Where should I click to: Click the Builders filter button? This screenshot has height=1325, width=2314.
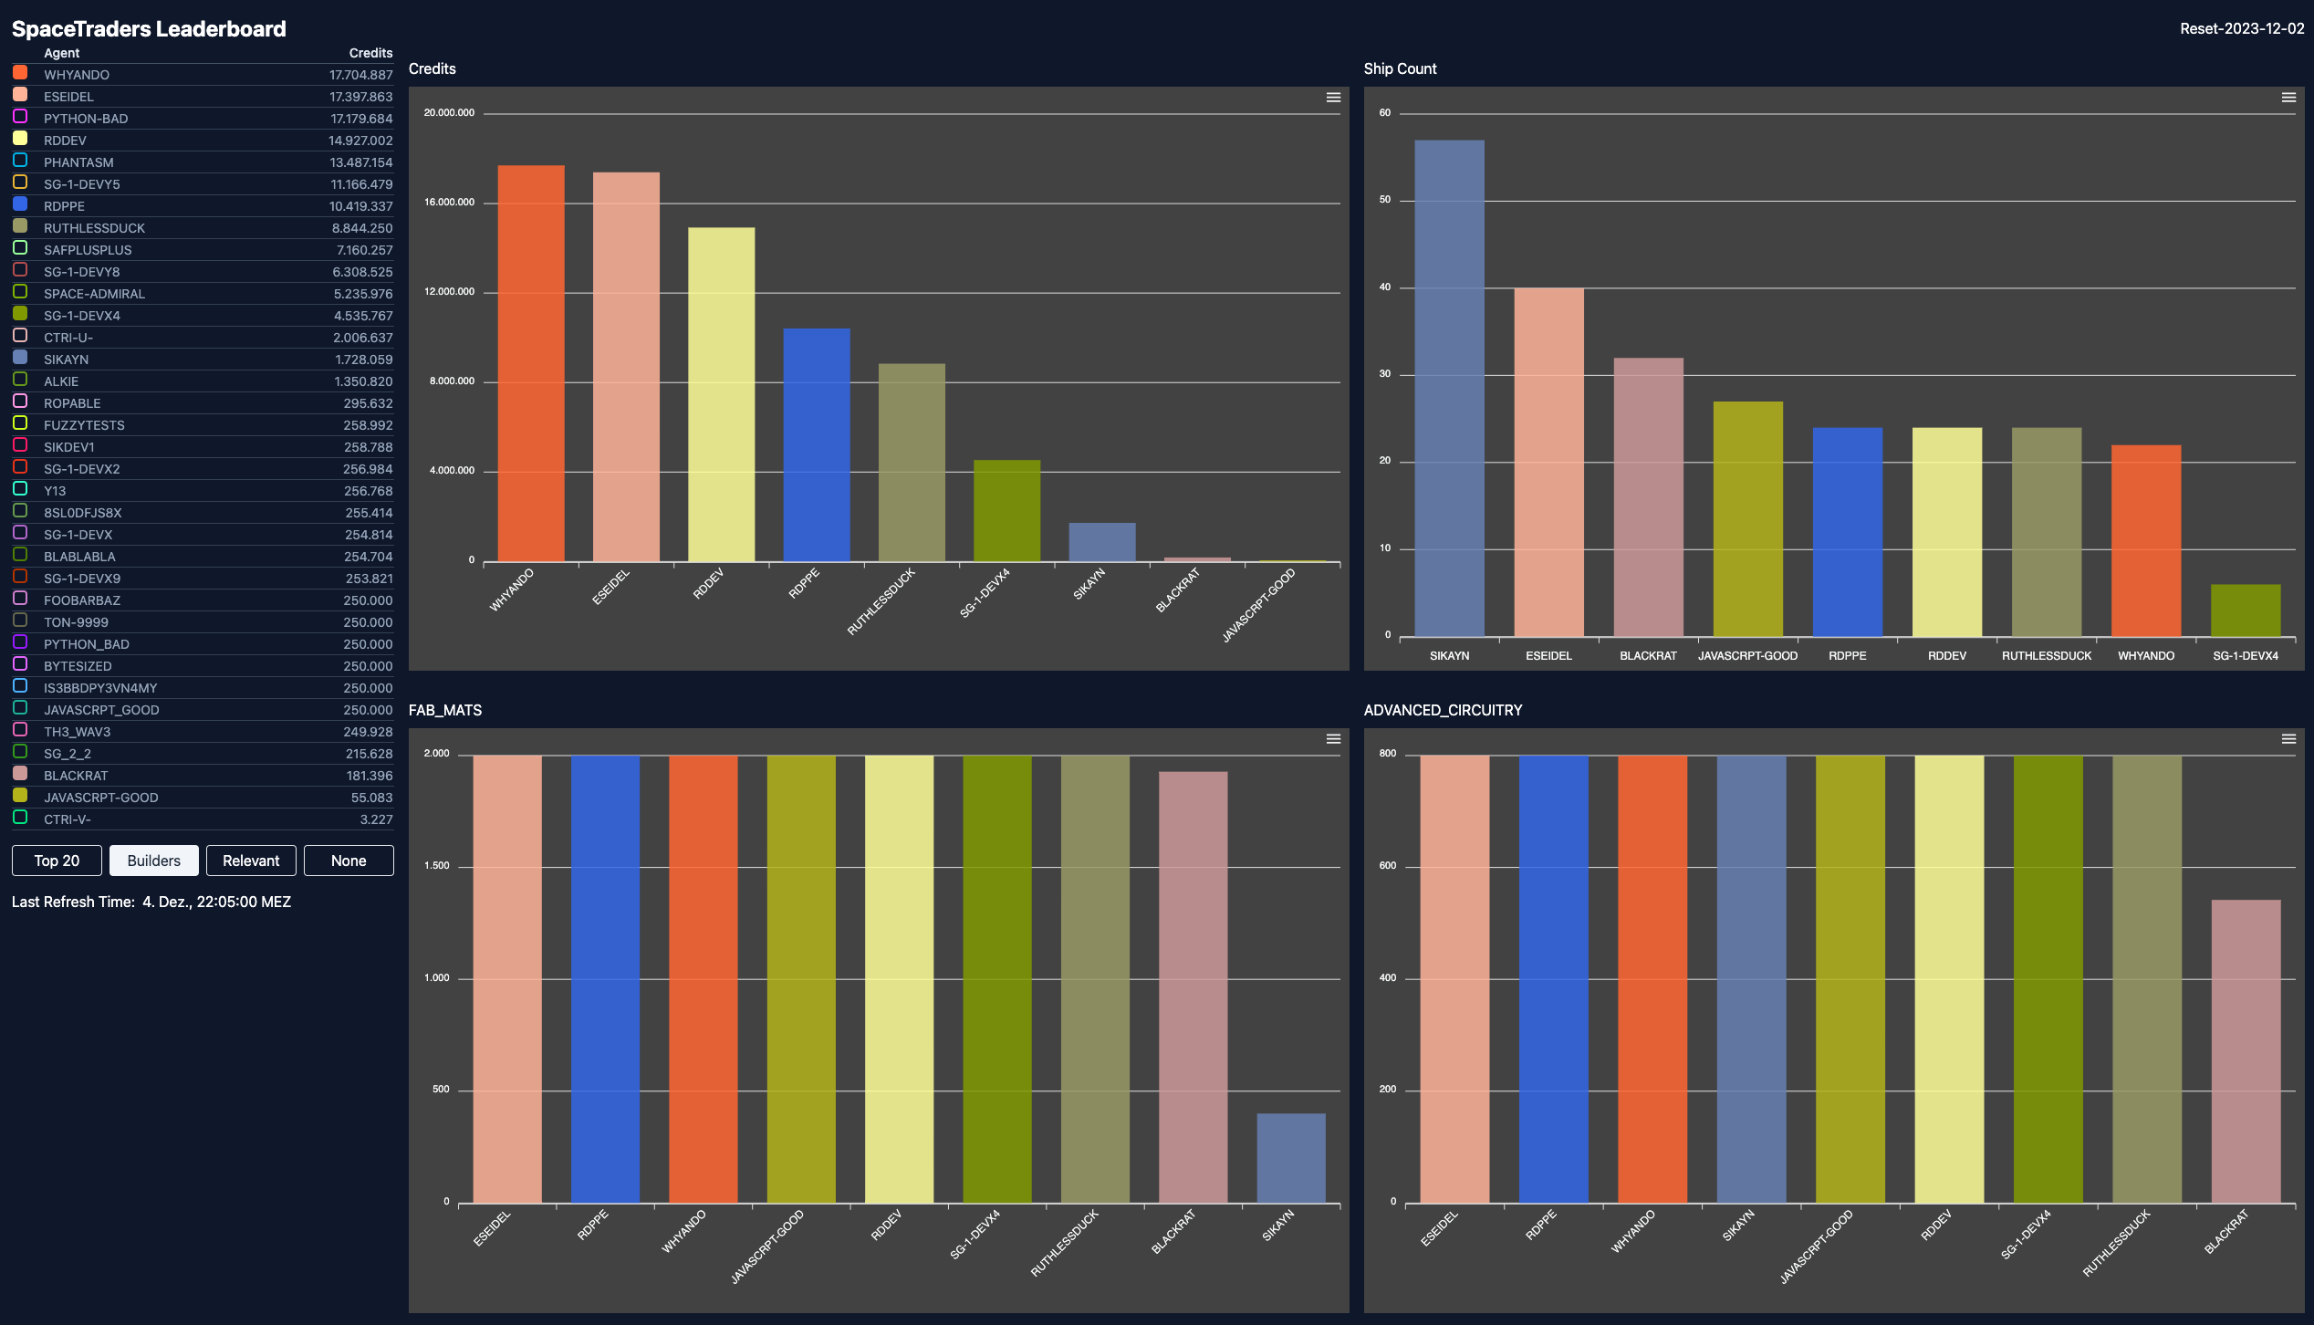(153, 861)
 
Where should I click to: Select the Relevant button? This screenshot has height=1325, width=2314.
(251, 861)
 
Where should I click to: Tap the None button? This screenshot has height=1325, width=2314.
(349, 861)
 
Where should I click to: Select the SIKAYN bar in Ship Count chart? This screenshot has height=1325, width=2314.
(1449, 388)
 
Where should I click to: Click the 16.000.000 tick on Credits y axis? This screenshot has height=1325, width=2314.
(449, 203)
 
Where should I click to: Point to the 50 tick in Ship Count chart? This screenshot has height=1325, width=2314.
(1385, 200)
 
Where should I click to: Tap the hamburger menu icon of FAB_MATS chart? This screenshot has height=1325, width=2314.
(1333, 739)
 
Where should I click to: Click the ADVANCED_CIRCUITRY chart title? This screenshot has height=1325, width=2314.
(1443, 710)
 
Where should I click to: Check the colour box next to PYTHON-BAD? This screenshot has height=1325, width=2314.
(20, 117)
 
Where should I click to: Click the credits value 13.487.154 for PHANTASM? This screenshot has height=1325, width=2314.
(361, 162)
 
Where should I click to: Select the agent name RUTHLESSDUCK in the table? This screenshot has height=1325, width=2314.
(94, 228)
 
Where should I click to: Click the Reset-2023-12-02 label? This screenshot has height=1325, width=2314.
(2241, 29)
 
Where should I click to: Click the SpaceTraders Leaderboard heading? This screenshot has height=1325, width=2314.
(149, 29)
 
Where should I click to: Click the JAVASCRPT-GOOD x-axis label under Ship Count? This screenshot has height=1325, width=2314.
(1747, 656)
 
